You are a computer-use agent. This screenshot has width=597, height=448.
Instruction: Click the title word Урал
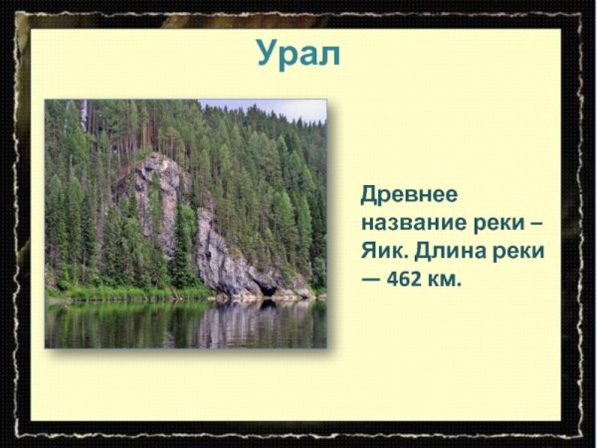point(298,53)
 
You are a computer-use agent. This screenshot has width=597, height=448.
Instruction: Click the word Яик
point(382,251)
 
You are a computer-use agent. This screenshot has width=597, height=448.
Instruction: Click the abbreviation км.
point(449,280)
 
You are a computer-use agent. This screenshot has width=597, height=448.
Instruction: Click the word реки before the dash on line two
point(499,222)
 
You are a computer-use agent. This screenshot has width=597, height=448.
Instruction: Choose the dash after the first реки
point(538,222)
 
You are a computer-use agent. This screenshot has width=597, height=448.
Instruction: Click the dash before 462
point(371,280)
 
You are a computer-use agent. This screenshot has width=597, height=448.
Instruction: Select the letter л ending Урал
point(329,55)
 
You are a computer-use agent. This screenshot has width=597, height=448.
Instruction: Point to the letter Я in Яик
point(369,251)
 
